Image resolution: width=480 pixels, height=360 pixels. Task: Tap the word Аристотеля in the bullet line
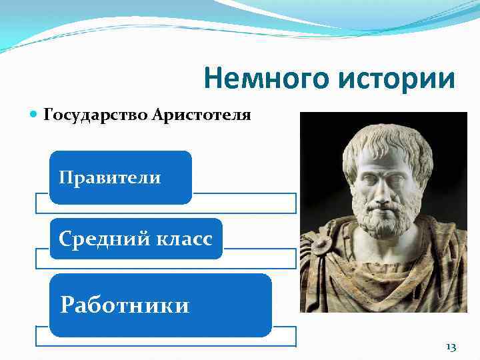click(201, 115)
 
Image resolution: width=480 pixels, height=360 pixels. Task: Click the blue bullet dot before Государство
click(35, 115)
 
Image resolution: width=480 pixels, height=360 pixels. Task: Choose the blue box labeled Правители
click(120, 177)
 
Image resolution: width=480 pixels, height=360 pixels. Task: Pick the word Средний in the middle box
click(99, 238)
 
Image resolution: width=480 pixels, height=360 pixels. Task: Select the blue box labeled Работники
click(160, 305)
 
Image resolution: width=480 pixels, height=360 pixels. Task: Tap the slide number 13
click(451, 347)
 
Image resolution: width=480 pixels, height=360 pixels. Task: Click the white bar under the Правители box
click(243, 203)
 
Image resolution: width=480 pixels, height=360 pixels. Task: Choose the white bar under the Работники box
click(283, 336)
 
